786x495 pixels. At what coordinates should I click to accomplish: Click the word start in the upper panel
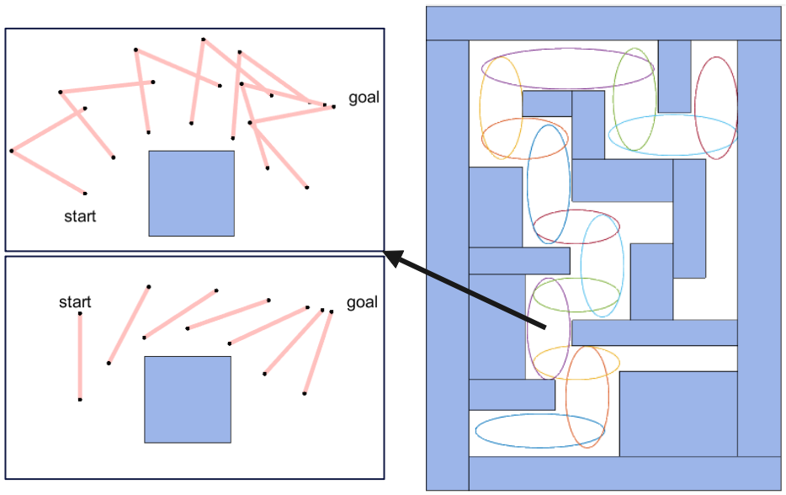tap(80, 216)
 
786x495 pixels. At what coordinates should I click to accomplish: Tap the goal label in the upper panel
tap(364, 98)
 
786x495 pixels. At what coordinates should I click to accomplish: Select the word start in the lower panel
tap(75, 302)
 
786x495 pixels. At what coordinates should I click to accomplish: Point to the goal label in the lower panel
tap(362, 302)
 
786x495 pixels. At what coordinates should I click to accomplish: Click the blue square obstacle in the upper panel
tap(191, 193)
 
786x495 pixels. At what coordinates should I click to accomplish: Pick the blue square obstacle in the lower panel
tap(187, 399)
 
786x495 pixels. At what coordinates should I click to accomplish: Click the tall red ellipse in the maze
tap(716, 108)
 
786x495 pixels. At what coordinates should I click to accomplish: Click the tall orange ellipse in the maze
tap(587, 397)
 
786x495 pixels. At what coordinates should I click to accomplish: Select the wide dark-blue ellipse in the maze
tap(539, 431)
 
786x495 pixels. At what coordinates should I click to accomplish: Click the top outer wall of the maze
tap(603, 23)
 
